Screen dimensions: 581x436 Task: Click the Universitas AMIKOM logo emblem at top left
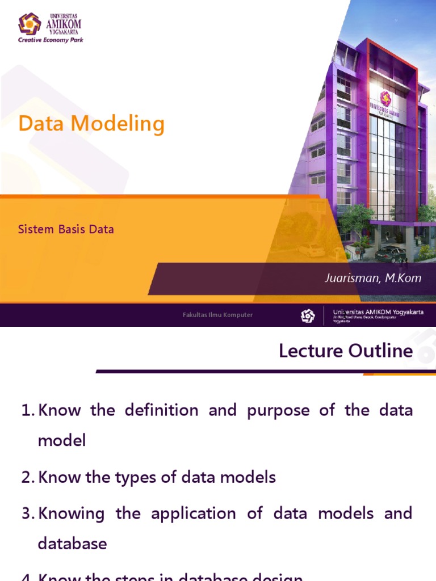pyautogui.click(x=30, y=24)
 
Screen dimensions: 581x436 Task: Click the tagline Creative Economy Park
pyautogui.click(x=51, y=40)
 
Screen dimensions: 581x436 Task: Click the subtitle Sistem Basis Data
pyautogui.click(x=66, y=230)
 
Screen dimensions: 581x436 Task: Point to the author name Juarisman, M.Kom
pyautogui.click(x=374, y=278)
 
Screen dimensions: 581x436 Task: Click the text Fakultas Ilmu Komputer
pyautogui.click(x=217, y=315)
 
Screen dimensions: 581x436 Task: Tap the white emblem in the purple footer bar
pyautogui.click(x=308, y=315)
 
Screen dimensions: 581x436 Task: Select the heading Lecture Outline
pyautogui.click(x=346, y=351)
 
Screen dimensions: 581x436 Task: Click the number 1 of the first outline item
pyautogui.click(x=26, y=410)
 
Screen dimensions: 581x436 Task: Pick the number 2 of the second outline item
pyautogui.click(x=27, y=478)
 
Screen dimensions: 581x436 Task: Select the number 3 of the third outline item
pyautogui.click(x=27, y=513)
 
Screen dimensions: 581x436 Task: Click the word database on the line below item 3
pyautogui.click(x=72, y=544)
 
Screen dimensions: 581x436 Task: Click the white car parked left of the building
pyautogui.click(x=311, y=250)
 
